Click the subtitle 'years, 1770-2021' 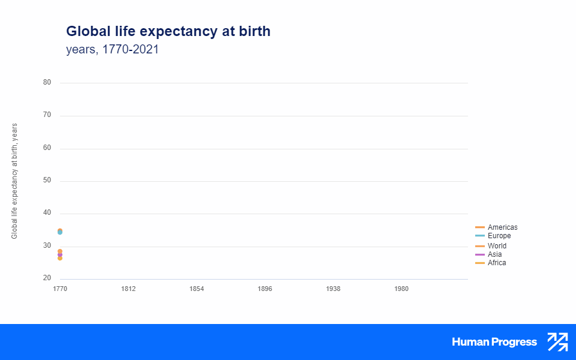(112, 50)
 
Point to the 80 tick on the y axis (47, 83)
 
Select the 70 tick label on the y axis (47, 115)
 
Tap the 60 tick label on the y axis (47, 148)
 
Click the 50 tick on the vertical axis (47, 181)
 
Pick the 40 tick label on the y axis (47, 213)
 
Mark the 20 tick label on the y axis (47, 278)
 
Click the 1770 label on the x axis (60, 289)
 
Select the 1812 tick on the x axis (128, 289)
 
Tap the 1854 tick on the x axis (197, 289)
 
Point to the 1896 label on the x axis (265, 289)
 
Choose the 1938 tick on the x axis (334, 289)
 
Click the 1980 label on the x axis (402, 289)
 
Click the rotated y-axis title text (14, 181)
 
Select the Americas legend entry (502, 227)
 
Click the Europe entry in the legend (499, 236)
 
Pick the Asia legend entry (494, 254)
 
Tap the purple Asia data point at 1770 (60, 255)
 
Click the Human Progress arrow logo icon (557, 342)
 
